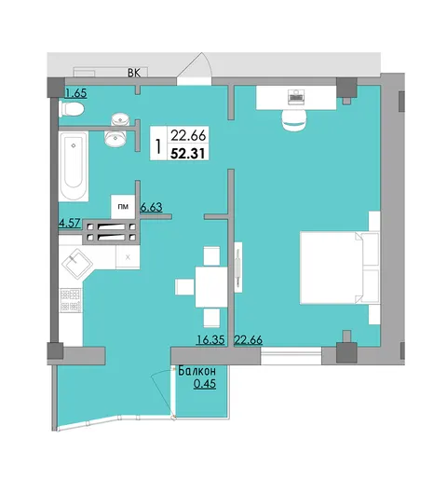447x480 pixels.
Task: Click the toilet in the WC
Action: [x=72, y=109]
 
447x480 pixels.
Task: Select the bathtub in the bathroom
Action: [x=74, y=167]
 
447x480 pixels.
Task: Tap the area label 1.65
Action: [x=75, y=93]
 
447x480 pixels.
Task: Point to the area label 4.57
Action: [x=70, y=223]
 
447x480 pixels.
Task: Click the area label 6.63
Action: [x=151, y=207]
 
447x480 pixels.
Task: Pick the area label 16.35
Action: [x=210, y=339]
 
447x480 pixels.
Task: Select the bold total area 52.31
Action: [x=188, y=153]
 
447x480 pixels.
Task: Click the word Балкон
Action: [x=196, y=371]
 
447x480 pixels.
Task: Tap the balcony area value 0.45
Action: [x=205, y=384]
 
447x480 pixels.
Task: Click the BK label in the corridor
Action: [x=134, y=74]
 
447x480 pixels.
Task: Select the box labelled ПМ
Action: [x=123, y=207]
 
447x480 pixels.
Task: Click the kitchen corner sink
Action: [x=77, y=264]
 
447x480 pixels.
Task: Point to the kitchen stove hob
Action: [x=71, y=300]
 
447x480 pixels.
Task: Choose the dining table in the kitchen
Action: [x=211, y=287]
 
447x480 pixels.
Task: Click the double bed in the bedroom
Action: [x=340, y=267]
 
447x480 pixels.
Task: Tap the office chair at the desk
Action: [x=294, y=120]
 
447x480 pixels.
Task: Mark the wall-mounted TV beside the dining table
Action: [x=238, y=267]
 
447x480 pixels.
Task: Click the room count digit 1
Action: [x=158, y=146]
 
